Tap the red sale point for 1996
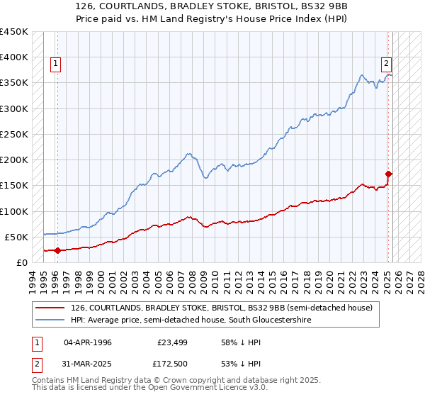[57, 250]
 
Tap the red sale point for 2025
[389, 173]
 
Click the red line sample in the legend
[51, 308]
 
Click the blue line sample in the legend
[51, 320]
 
